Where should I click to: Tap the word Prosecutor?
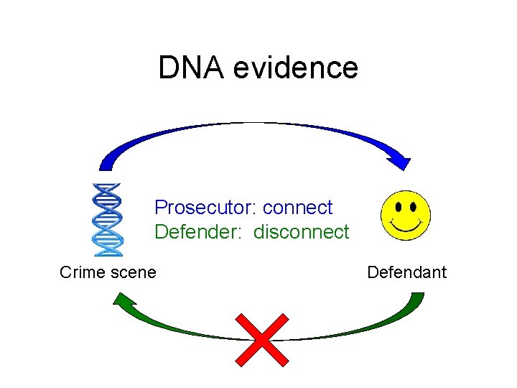tap(206, 208)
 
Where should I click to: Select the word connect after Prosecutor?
tap(298, 208)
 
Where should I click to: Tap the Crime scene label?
tap(108, 272)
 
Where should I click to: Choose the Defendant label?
tap(406, 272)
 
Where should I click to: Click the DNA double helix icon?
tap(108, 220)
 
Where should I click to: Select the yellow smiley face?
tap(406, 216)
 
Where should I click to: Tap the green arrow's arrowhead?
tap(124, 300)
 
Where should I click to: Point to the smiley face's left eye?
tap(398, 205)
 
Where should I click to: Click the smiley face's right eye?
tap(414, 205)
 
